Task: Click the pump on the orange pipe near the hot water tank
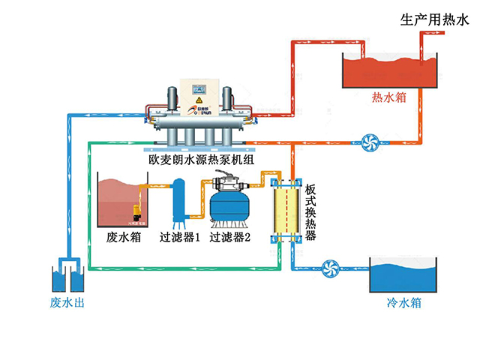[x=368, y=140]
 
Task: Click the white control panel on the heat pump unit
[x=200, y=93]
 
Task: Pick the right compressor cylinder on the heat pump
[x=229, y=102]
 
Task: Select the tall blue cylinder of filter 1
[x=178, y=201]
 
